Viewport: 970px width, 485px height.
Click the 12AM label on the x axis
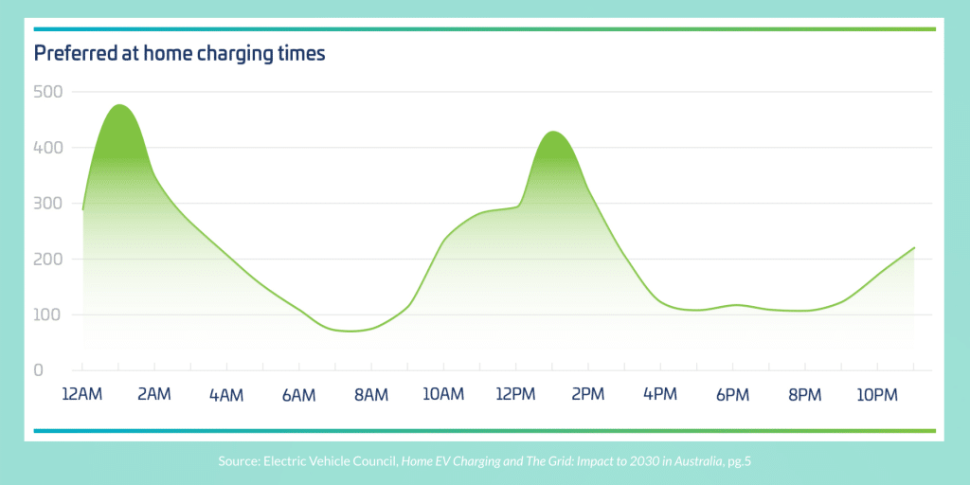[82, 394]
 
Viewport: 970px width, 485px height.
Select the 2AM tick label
[154, 394]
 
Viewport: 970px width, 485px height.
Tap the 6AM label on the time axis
[299, 394]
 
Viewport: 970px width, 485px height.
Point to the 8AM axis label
[371, 394]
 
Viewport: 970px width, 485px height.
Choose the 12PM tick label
[515, 394]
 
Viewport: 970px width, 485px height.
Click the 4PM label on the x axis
[660, 394]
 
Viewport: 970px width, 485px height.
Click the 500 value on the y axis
[47, 92]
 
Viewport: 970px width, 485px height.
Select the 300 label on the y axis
[47, 203]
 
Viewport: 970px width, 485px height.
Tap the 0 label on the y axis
[39, 369]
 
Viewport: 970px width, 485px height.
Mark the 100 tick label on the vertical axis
[47, 314]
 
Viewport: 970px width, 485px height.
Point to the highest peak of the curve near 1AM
[119, 105]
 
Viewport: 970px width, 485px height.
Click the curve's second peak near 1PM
[552, 132]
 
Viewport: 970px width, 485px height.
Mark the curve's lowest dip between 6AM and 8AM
[350, 332]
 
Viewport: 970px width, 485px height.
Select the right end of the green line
[914, 248]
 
